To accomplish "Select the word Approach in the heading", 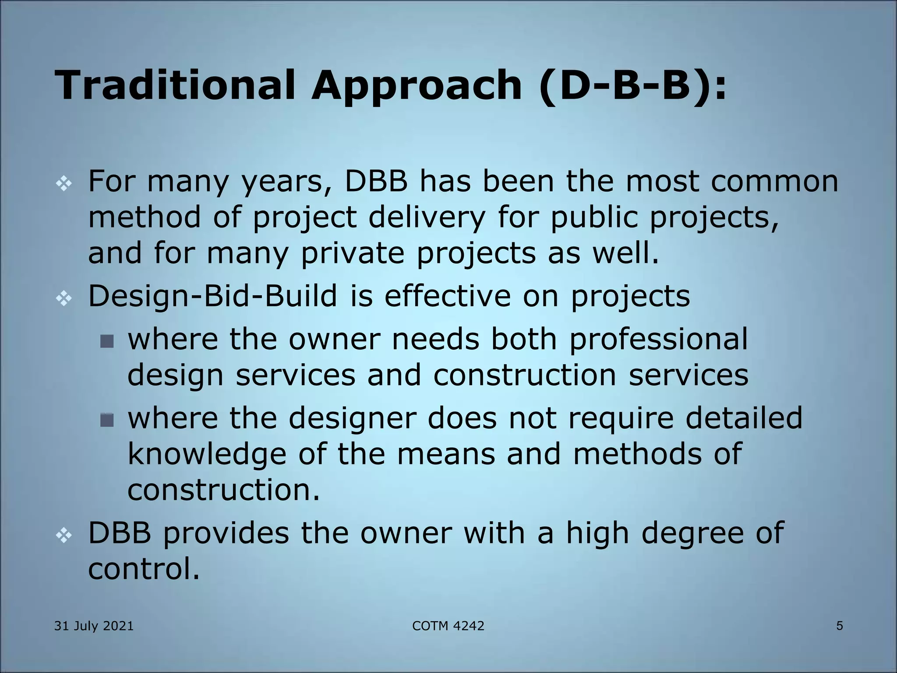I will [x=416, y=86].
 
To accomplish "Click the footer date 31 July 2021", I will [x=94, y=626].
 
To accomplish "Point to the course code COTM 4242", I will [x=448, y=626].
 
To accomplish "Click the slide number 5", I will [x=839, y=626].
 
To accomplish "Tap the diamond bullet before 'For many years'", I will [x=64, y=184].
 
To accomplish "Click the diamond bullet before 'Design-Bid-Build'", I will [x=64, y=299].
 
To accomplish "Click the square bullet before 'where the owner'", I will [x=107, y=341].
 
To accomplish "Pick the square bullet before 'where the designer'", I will [x=107, y=420].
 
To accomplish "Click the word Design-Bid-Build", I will [x=213, y=296].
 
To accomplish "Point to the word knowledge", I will [x=207, y=454].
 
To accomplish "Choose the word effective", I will [x=448, y=296].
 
